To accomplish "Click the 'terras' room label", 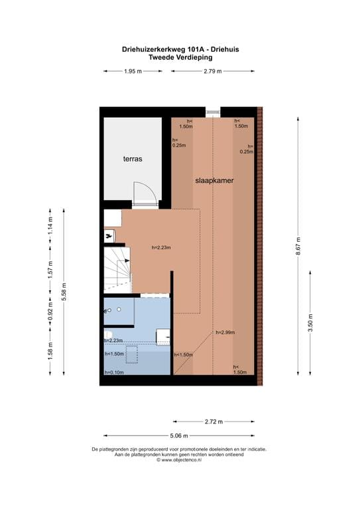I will [133, 160].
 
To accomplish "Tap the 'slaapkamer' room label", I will [214, 180].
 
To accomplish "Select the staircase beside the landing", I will [118, 269].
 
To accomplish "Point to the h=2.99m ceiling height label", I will [225, 333].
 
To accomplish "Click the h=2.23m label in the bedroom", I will [161, 248].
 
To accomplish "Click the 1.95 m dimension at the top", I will [133, 72].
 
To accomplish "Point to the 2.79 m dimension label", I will [213, 72].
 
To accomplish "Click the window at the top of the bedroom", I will [213, 111].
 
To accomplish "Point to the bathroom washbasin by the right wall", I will [163, 336].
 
